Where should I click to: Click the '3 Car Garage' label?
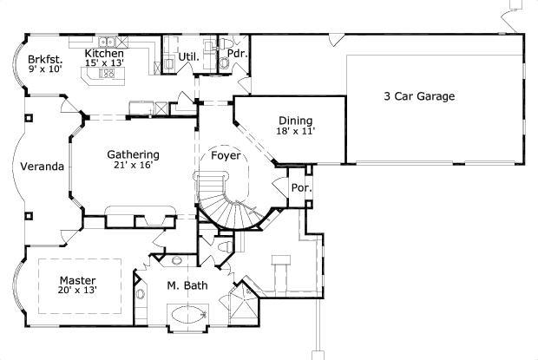pos(419,96)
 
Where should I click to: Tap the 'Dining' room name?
pos(295,121)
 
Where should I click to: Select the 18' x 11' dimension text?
pos(295,131)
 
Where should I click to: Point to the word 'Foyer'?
pos(226,155)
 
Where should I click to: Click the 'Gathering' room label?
pos(133,154)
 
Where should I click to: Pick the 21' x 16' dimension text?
pos(133,165)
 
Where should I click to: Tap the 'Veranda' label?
pos(43,167)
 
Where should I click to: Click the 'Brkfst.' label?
pos(45,59)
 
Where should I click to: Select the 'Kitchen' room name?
pos(104,53)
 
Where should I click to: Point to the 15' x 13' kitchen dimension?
pos(104,62)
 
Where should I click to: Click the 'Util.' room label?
pos(188,57)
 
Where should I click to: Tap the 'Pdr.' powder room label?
pos(238,54)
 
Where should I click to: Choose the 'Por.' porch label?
pos(302,188)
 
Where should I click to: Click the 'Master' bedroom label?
pos(77,280)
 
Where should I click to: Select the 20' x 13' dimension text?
pos(77,290)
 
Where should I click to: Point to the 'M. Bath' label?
pos(187,285)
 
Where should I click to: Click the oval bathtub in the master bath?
pos(188,314)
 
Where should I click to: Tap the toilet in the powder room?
pos(226,43)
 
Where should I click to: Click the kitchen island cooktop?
pos(107,73)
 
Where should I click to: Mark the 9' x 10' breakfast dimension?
pos(45,69)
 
